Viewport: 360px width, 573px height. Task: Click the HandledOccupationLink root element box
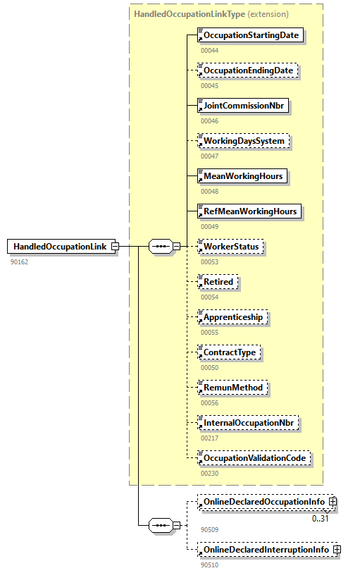click(x=63, y=246)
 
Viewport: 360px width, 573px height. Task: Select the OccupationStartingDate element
click(x=251, y=35)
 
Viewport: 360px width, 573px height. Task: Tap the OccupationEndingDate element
click(x=247, y=70)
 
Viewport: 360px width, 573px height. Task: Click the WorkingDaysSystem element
click(x=244, y=141)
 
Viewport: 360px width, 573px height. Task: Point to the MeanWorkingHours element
click(x=242, y=175)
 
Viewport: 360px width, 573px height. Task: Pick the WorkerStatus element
click(x=232, y=246)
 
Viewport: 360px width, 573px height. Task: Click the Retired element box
click(x=218, y=282)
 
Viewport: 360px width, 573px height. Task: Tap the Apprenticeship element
click(x=232, y=317)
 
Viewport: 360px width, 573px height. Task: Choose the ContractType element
click(x=229, y=352)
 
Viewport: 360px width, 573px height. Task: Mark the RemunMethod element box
click(x=232, y=387)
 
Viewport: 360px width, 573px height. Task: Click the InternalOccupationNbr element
click(x=249, y=423)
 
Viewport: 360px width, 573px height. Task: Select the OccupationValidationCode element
click(x=254, y=458)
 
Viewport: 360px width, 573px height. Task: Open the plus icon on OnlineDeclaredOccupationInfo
click(x=333, y=502)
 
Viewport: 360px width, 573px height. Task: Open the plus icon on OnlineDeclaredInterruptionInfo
click(x=337, y=549)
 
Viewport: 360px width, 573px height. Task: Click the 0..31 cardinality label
click(x=321, y=519)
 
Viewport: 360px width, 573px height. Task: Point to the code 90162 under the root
click(x=19, y=261)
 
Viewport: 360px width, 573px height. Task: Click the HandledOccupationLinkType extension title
click(x=210, y=13)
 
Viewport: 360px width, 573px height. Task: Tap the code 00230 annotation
click(x=209, y=474)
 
